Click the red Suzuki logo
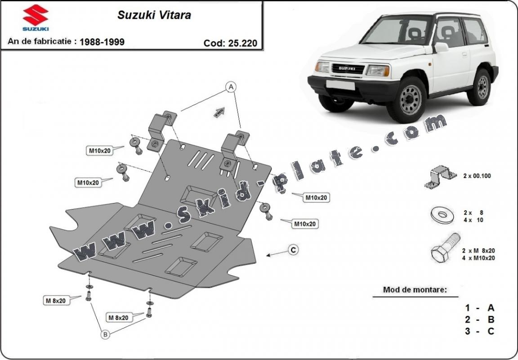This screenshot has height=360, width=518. coord(36,16)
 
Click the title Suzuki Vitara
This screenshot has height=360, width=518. coord(154,15)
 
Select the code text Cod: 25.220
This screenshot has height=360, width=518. coord(230,43)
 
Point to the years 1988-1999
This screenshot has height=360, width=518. coord(102,42)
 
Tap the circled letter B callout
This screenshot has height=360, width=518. coord(104,334)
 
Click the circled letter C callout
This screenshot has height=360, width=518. coord(293,250)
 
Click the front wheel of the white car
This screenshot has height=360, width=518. coord(410,100)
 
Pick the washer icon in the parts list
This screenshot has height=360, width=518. coord(442,215)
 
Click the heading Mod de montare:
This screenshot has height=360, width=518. coord(415,289)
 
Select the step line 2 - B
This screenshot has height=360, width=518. coord(479,320)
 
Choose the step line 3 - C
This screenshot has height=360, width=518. coord(479,331)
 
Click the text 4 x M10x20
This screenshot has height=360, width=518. coord(478,258)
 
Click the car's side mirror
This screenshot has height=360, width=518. coord(441,47)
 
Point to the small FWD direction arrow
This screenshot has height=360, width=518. coord(219,112)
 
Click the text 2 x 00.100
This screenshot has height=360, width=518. coord(477,176)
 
